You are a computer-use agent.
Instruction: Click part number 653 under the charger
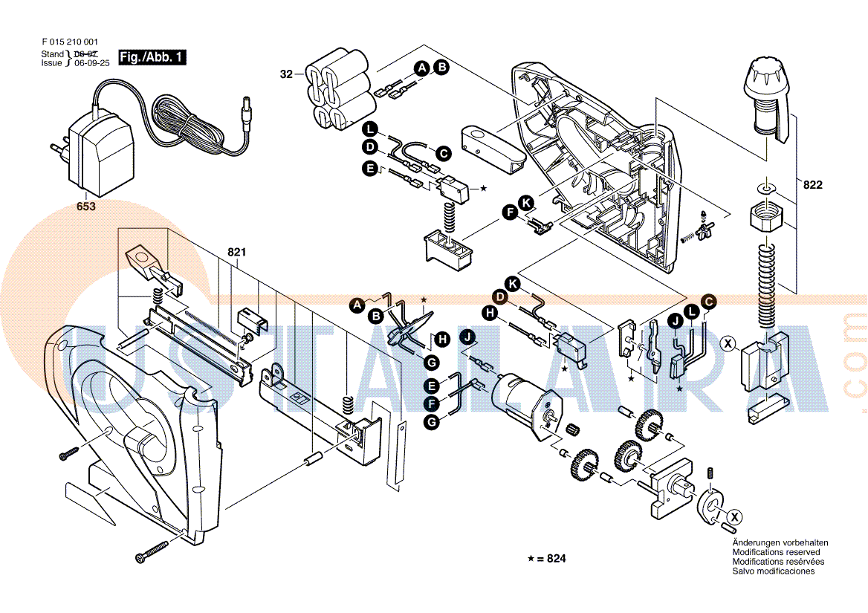[x=86, y=207]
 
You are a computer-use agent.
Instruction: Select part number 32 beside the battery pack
[x=287, y=74]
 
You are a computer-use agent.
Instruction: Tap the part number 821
[x=236, y=253]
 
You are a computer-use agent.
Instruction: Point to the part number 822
[x=813, y=185]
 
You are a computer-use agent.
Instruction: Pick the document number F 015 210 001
[x=71, y=42]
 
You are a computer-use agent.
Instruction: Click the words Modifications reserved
[x=776, y=552]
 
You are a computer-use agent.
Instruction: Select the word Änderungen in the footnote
[x=757, y=542]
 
